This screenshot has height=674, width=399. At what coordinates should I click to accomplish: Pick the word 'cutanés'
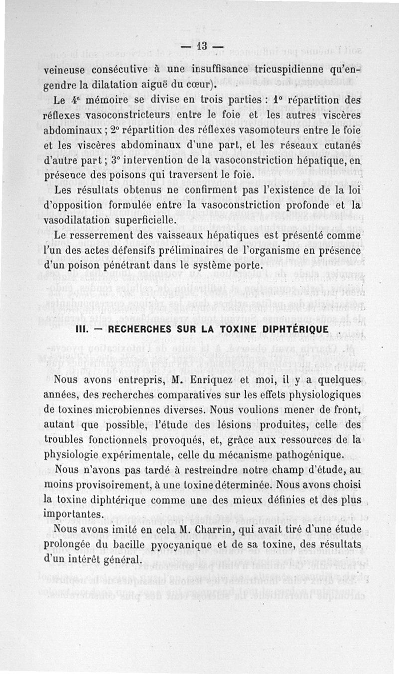[x=341, y=145]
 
